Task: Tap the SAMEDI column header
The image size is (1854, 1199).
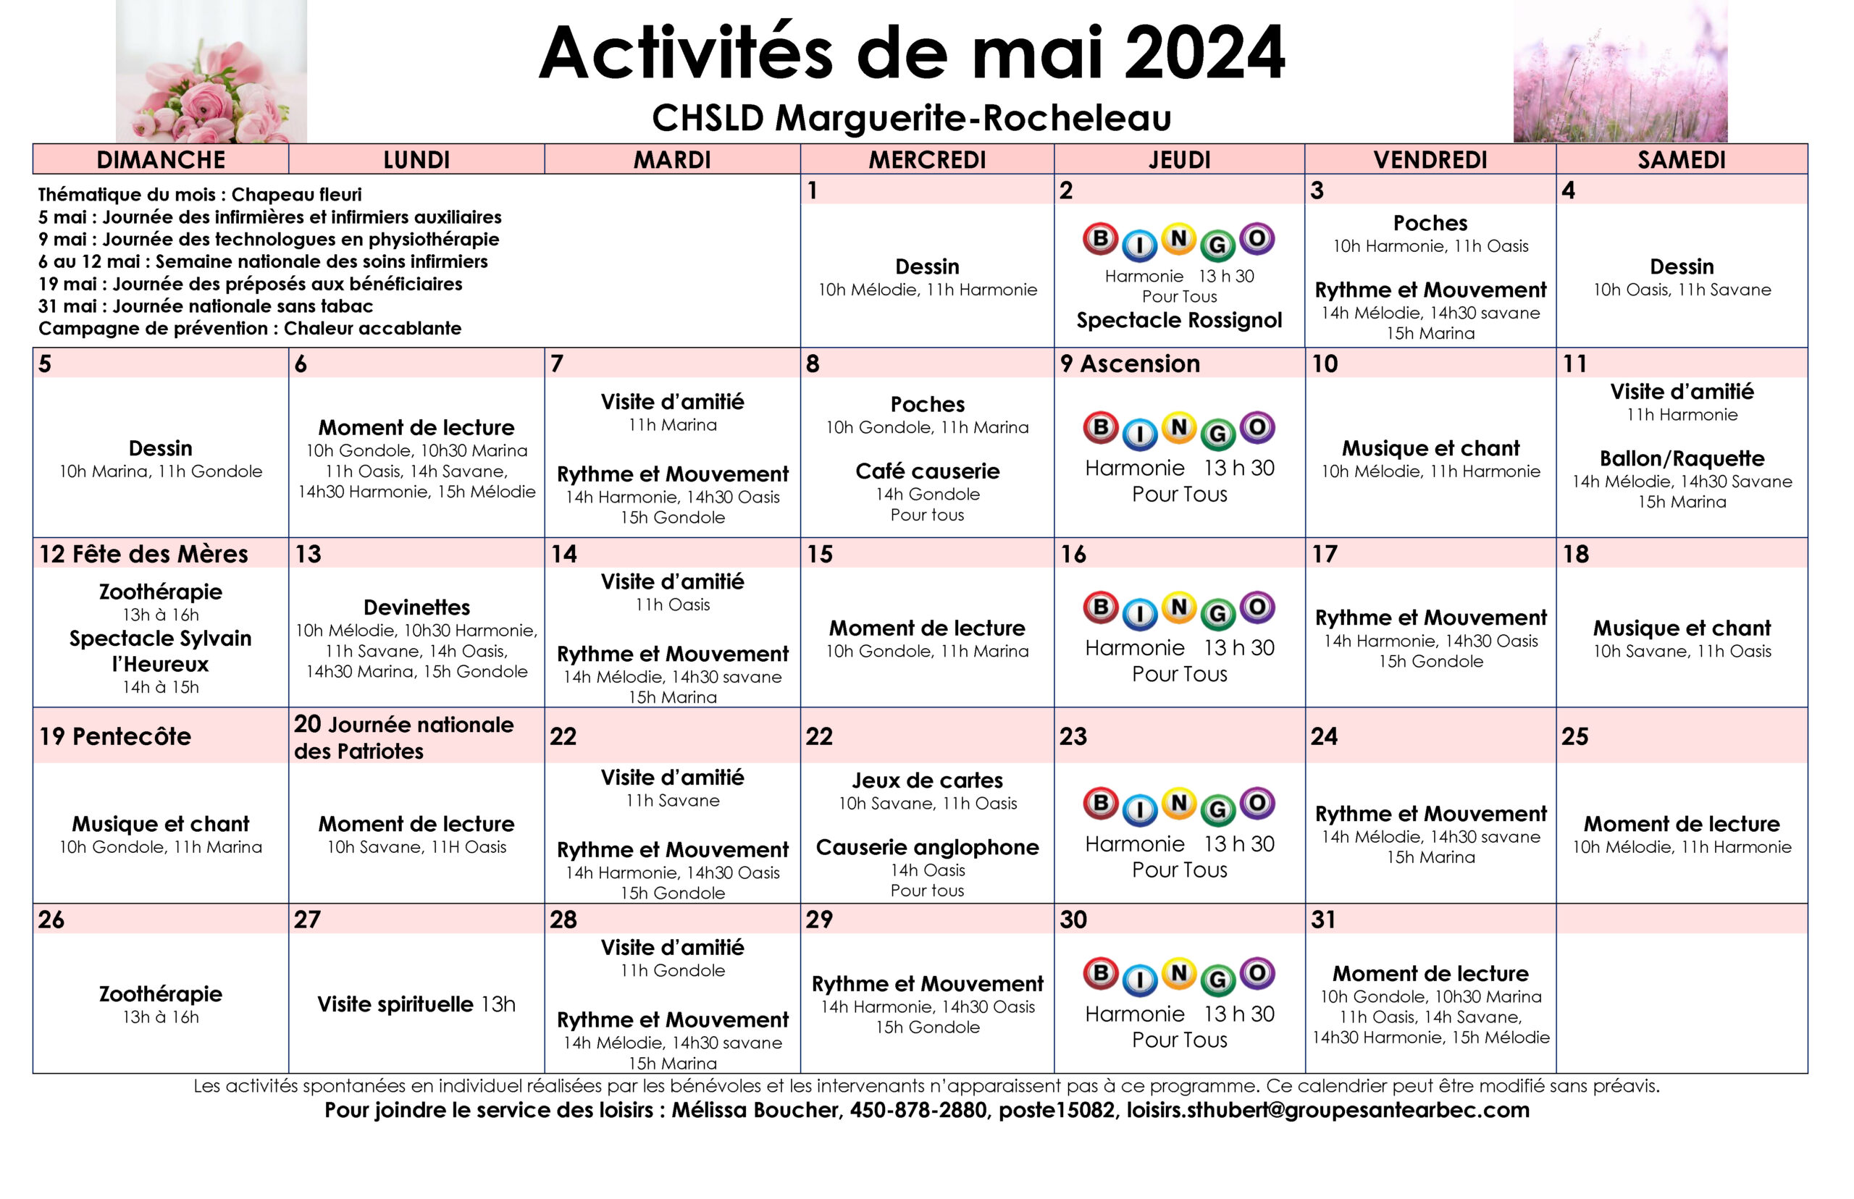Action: (1681, 159)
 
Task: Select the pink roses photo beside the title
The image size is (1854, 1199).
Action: (211, 72)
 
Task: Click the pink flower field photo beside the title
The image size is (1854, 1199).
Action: (1619, 72)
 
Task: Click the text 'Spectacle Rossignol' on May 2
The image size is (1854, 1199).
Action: (1179, 320)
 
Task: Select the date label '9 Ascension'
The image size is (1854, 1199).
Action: (1130, 363)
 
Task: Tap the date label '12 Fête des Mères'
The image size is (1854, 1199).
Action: (143, 554)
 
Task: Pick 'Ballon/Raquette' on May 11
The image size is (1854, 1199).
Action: (1681, 458)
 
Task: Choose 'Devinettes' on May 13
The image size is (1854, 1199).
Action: (416, 607)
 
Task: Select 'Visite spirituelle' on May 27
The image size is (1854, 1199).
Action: (395, 1004)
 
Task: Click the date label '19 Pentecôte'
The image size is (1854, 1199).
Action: (114, 736)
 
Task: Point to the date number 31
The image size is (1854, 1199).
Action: (1323, 920)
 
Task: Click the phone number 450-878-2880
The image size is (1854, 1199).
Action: (918, 1109)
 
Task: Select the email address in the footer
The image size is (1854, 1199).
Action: (1327, 1109)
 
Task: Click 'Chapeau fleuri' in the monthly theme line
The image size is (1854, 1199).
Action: (296, 195)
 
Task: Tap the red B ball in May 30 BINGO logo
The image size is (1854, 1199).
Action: (1100, 973)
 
